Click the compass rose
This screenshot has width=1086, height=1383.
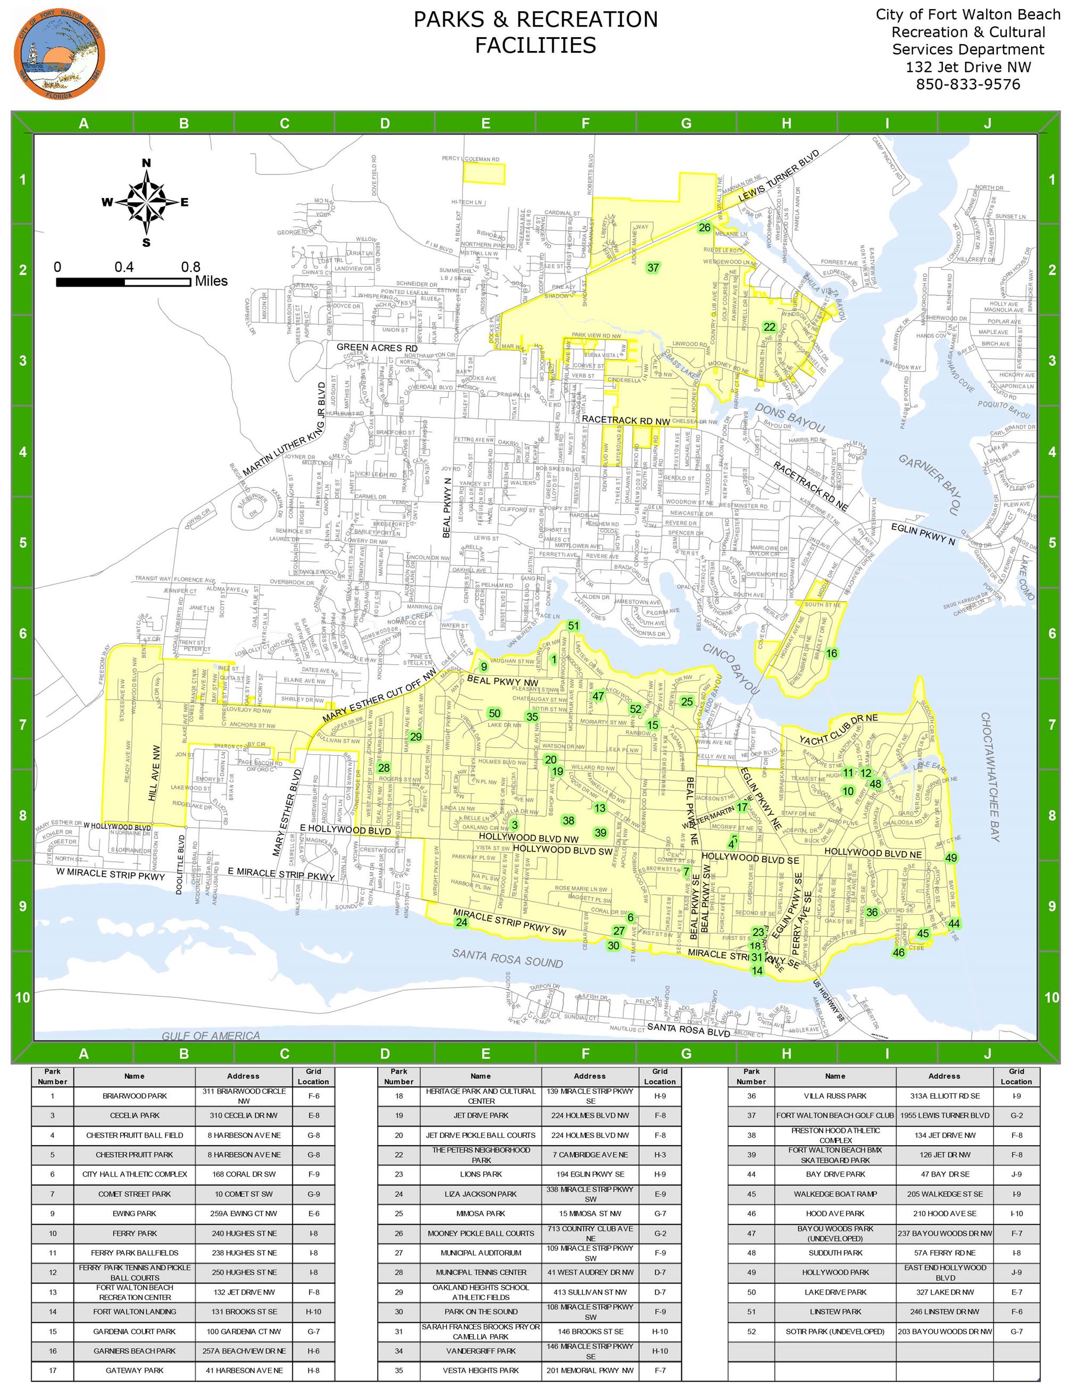(x=146, y=203)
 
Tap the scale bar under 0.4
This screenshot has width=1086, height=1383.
(x=124, y=282)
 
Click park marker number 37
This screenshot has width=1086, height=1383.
(x=653, y=268)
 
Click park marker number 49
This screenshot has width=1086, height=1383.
(x=950, y=858)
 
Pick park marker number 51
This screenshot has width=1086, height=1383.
(x=573, y=626)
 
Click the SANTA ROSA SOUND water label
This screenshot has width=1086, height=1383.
(x=507, y=957)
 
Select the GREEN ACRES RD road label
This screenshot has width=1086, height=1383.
(x=377, y=348)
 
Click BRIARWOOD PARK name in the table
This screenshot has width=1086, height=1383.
(x=134, y=1096)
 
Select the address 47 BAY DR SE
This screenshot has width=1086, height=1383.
(x=943, y=1174)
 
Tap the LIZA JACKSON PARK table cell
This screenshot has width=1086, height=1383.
(x=481, y=1194)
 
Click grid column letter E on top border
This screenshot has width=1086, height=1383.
(x=485, y=123)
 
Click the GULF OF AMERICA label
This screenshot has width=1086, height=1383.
(x=211, y=1036)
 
